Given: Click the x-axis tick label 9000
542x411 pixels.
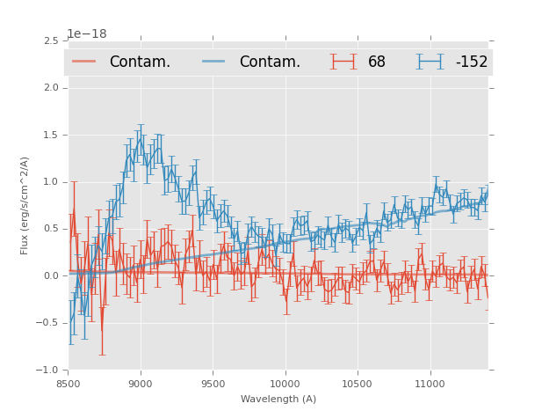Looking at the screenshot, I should point(141,385).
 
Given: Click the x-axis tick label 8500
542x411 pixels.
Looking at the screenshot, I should point(69,385).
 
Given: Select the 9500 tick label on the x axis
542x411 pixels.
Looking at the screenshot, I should point(213,385).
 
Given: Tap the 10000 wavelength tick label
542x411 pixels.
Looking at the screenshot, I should point(285,385).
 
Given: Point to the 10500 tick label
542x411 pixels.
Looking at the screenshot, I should point(357,385).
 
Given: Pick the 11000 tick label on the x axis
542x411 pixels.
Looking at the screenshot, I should point(429,385).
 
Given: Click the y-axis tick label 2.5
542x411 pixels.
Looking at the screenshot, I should point(51,41).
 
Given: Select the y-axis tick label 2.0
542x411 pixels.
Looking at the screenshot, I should point(51,88).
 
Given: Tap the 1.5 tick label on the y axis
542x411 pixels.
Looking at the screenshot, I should point(51,136).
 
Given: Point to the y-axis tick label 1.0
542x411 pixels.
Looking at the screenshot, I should point(51,182).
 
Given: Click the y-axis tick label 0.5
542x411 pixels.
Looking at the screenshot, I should point(51,229).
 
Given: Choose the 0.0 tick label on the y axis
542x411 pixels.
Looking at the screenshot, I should point(51,276).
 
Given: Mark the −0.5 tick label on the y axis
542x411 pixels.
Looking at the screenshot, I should point(48,323).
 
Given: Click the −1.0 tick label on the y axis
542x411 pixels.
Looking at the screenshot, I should point(48,370).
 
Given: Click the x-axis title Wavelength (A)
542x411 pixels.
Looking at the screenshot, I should point(278,400).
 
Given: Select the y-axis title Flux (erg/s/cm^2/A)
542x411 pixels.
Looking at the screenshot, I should point(25,205).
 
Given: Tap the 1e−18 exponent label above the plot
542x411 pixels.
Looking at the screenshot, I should point(87,34).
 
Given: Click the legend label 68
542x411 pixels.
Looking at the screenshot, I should point(377,62).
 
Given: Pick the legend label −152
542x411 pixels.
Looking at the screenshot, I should point(471,62).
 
